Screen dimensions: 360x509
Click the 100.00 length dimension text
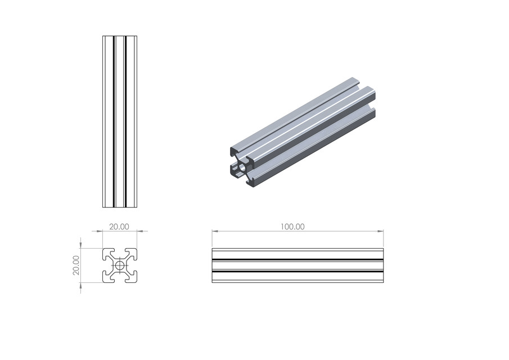[x=292, y=227]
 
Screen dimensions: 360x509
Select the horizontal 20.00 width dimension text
[x=119, y=227]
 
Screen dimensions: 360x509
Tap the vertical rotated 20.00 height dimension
[x=76, y=265]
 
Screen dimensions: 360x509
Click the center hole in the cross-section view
[x=120, y=265]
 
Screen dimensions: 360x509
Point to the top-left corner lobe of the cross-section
[x=107, y=253]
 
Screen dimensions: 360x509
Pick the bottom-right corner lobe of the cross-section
[x=133, y=277]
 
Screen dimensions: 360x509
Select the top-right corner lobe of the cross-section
[x=133, y=253]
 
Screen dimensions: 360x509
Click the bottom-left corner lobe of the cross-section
[x=107, y=277]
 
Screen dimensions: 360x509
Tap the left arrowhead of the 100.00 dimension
[x=214, y=231]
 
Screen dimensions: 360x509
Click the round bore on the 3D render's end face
[x=243, y=167]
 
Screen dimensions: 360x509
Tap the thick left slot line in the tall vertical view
[x=114, y=121]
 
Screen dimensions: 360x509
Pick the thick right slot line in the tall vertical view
[x=125, y=121]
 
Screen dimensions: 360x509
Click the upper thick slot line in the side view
[x=298, y=259]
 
